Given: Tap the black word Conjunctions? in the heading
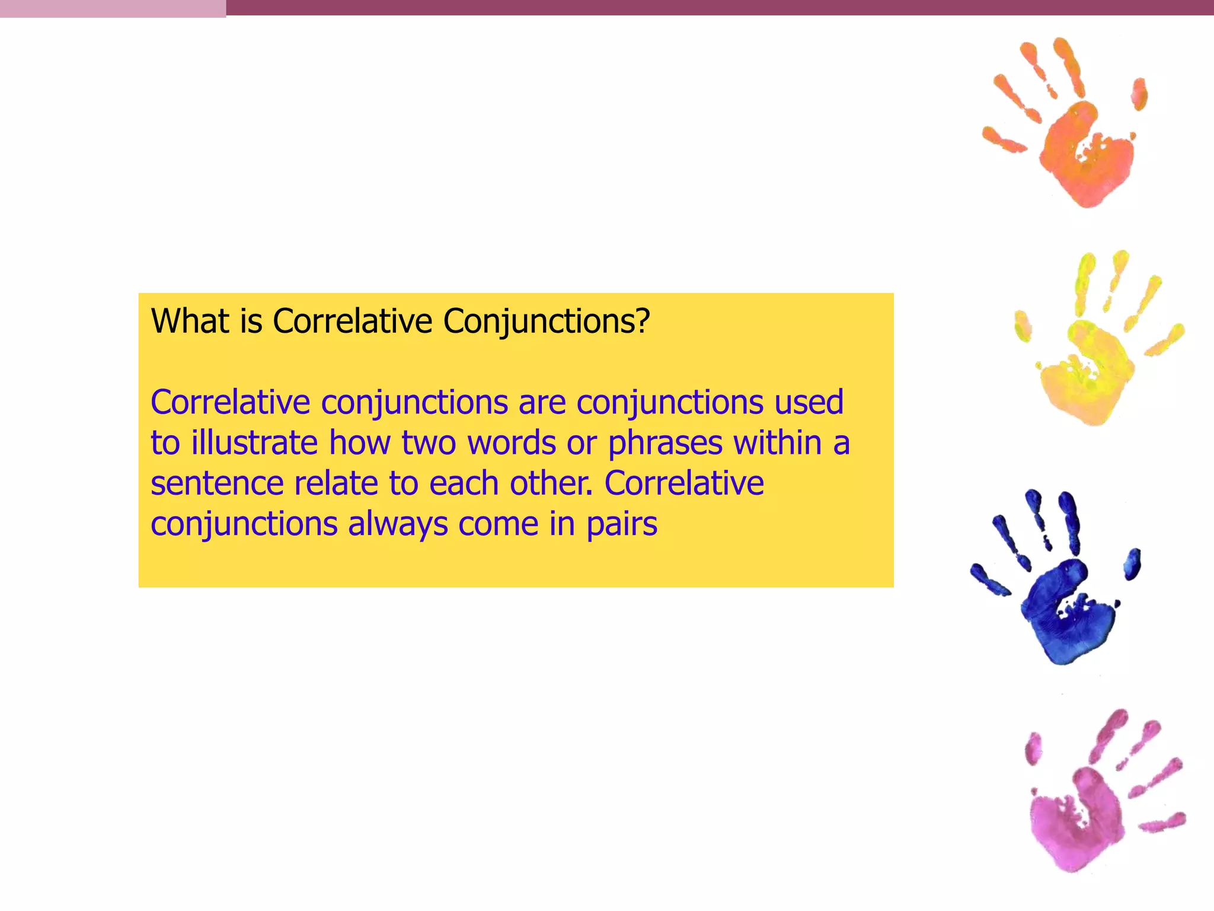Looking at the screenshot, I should tap(546, 323).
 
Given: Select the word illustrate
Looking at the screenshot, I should tap(254, 443).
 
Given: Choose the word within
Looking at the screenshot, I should tap(777, 443).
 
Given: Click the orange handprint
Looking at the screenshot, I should tap(1073, 136).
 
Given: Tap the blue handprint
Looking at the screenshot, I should tap(1061, 599).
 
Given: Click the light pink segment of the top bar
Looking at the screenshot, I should tap(113, 8).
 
